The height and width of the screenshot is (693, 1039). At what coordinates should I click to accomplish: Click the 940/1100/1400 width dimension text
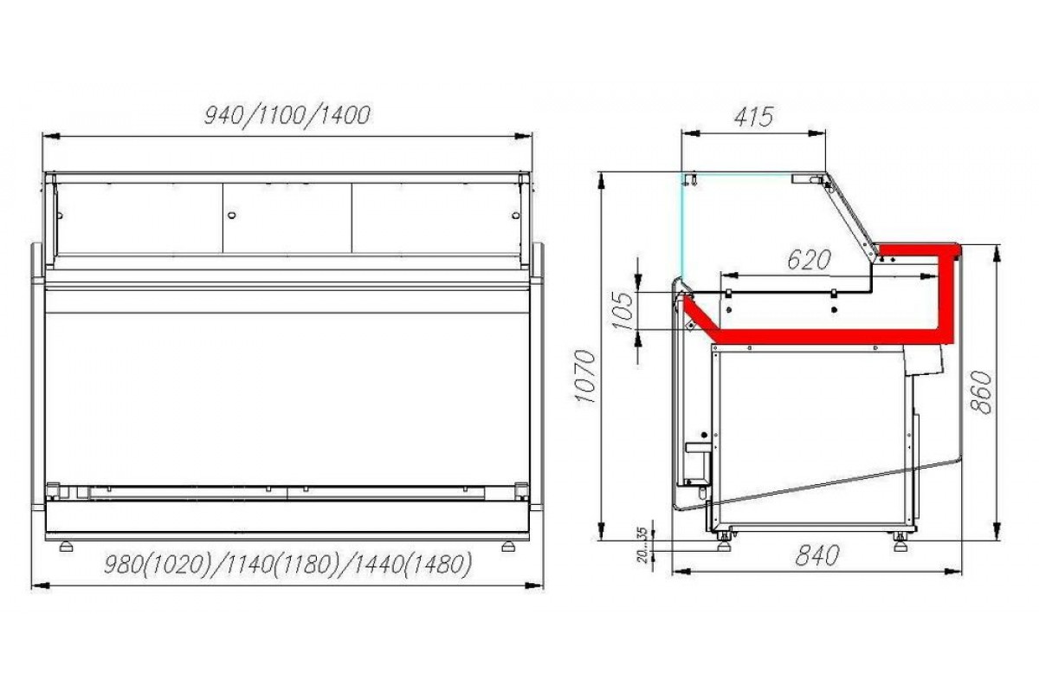pyautogui.click(x=287, y=115)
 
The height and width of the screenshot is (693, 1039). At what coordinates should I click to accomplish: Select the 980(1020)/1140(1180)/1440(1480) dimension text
pyautogui.click(x=287, y=565)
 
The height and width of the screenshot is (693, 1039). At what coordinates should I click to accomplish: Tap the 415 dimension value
pyautogui.click(x=754, y=116)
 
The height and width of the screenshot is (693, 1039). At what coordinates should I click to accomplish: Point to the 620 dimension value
pyautogui.click(x=810, y=260)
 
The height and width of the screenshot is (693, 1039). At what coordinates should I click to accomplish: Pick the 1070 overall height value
pyautogui.click(x=585, y=377)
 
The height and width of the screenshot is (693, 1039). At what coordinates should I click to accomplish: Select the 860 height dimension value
pyautogui.click(x=981, y=392)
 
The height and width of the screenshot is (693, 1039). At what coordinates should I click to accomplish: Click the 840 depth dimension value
pyautogui.click(x=817, y=555)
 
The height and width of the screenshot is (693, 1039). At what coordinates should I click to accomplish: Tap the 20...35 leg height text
pyautogui.click(x=642, y=545)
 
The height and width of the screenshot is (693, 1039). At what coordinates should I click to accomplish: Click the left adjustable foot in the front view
pyautogui.click(x=67, y=547)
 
